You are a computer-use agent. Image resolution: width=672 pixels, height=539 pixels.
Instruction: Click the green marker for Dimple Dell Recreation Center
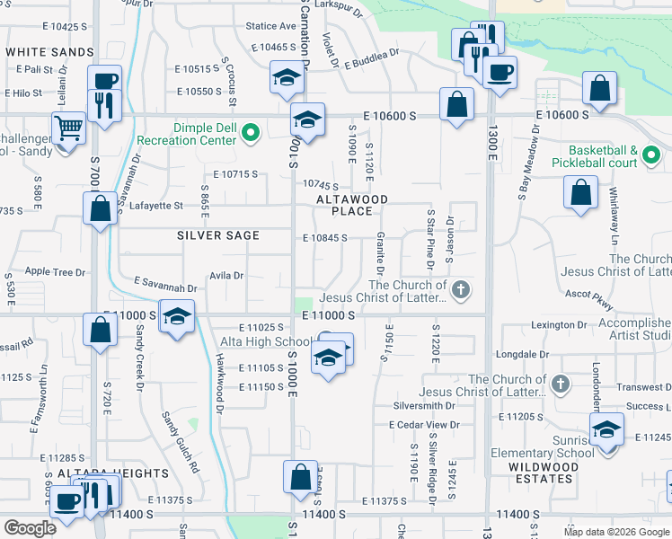[251, 136]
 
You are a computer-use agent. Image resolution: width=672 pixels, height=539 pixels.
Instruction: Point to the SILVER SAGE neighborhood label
[218, 235]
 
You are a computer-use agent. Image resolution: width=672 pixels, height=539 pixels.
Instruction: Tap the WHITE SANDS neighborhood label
[49, 53]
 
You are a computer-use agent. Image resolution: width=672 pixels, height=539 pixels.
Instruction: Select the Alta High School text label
[267, 342]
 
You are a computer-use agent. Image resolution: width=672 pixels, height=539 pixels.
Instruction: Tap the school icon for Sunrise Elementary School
[607, 429]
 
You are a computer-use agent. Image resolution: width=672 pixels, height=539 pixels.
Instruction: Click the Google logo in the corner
[30, 528]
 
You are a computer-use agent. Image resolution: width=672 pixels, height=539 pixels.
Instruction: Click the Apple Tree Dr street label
[56, 271]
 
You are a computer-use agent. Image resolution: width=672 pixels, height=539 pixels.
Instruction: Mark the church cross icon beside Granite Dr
[461, 289]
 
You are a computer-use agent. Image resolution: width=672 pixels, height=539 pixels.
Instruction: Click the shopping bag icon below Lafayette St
[100, 208]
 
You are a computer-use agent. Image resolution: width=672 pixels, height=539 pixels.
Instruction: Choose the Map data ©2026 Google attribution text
[616, 532]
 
